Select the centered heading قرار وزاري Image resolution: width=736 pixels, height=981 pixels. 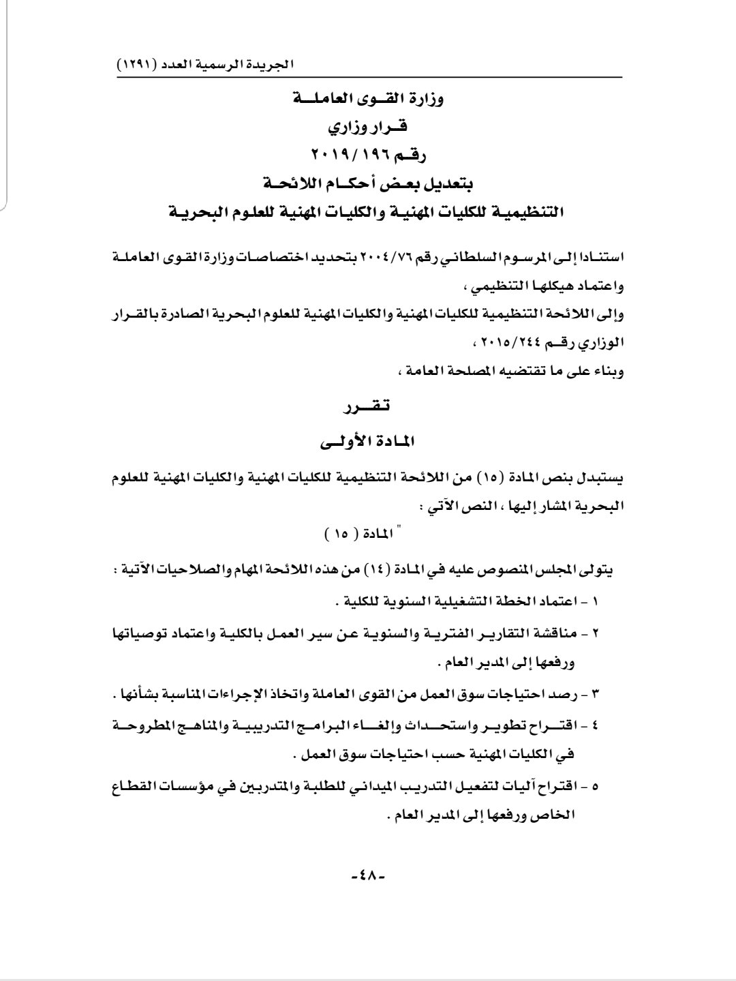coord(367,127)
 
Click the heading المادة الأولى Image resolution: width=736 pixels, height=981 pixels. coord(367,442)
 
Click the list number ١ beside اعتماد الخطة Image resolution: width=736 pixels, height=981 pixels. coord(594,602)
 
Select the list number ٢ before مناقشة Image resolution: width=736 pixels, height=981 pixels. coord(595,633)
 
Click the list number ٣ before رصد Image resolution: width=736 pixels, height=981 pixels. coord(595,694)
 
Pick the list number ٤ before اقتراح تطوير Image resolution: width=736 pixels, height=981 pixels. coord(595,725)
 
